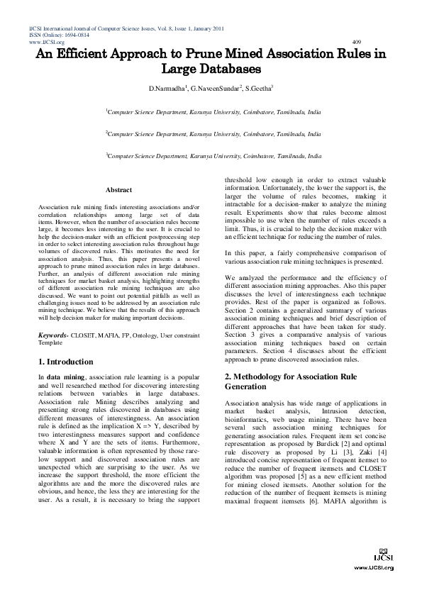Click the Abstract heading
pos(118,190)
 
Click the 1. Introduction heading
pos(70,362)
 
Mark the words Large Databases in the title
pos(212,69)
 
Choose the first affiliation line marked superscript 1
pos(213,111)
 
